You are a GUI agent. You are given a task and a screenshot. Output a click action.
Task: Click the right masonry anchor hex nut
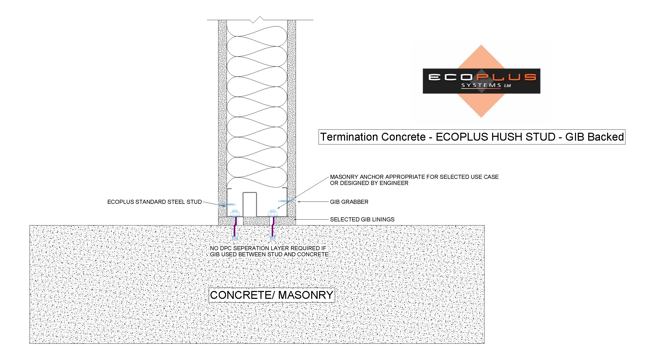pos(272,213)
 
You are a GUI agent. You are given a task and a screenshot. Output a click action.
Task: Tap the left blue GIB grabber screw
pos(227,204)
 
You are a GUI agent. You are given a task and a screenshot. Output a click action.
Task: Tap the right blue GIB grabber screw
pos(287,201)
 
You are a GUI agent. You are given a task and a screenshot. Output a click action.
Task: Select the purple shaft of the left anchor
pos(234,226)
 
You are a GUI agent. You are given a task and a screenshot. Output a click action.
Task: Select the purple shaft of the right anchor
pos(273,226)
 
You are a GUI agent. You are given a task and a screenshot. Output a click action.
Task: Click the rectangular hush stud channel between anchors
pos(250,205)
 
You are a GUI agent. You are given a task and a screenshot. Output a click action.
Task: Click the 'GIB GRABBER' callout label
pos(349,202)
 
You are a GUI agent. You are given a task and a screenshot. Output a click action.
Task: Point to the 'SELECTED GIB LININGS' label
pos(362,219)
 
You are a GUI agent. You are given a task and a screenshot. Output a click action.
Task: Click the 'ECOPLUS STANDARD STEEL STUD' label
pos(154,202)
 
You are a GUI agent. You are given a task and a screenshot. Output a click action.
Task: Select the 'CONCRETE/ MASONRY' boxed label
pos(272,295)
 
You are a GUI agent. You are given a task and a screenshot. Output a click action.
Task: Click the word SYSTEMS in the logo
pos(481,85)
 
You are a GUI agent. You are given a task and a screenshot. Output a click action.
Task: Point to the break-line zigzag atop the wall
pos(256,20)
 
